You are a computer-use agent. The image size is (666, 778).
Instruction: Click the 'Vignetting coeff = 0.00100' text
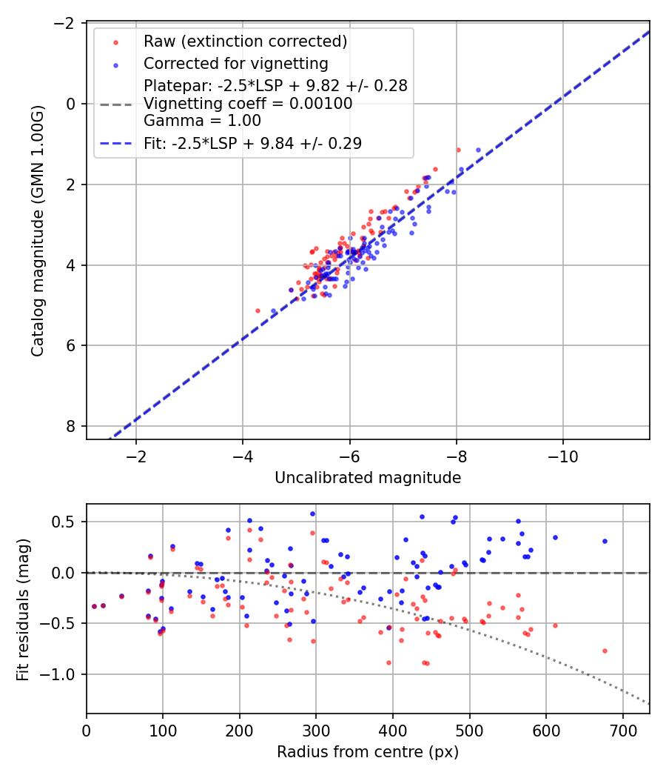pos(248,104)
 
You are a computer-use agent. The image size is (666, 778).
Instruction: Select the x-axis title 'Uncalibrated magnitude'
pos(368,478)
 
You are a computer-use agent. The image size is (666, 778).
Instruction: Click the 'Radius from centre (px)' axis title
pos(368,752)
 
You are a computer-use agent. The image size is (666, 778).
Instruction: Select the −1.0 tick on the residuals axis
pos(64,674)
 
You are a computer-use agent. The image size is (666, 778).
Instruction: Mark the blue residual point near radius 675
pos(605,541)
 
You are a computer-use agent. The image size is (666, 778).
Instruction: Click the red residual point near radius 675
pos(605,651)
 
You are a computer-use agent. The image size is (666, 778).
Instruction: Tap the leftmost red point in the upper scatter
pos(258,310)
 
